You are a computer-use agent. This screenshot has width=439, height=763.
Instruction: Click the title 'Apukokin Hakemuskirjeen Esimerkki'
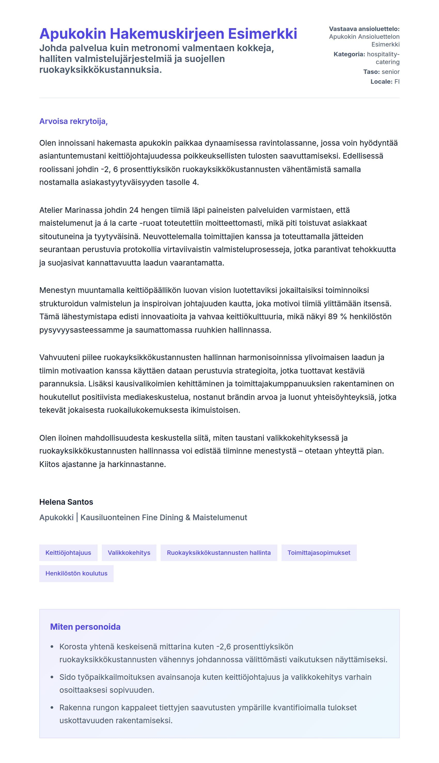[168, 34]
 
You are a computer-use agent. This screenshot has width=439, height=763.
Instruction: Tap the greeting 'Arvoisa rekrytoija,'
[73, 121]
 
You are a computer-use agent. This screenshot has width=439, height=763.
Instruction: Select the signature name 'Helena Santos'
[66, 502]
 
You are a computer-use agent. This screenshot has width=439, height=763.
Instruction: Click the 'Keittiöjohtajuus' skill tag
[68, 552]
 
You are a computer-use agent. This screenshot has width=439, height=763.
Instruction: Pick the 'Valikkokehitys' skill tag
[129, 552]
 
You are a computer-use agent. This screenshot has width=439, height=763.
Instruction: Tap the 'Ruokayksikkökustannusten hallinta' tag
[218, 552]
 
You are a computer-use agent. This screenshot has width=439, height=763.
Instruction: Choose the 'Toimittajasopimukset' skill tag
[319, 552]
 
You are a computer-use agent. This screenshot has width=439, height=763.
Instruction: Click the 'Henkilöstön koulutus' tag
[76, 573]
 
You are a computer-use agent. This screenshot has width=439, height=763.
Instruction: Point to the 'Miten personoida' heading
[85, 627]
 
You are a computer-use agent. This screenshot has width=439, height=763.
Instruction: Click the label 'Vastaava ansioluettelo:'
[364, 29]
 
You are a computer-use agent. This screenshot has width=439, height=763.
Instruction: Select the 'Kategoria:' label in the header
[349, 54]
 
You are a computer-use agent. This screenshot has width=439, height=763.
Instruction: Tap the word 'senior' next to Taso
[390, 72]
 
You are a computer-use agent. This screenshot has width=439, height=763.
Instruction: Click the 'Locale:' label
[381, 82]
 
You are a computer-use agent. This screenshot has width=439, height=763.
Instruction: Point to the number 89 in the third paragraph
[333, 317]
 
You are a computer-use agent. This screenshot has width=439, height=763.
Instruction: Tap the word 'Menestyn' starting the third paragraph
[57, 290]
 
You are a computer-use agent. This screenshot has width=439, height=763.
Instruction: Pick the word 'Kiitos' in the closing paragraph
[49, 464]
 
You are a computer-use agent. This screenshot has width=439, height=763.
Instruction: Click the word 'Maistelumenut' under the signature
[220, 518]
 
